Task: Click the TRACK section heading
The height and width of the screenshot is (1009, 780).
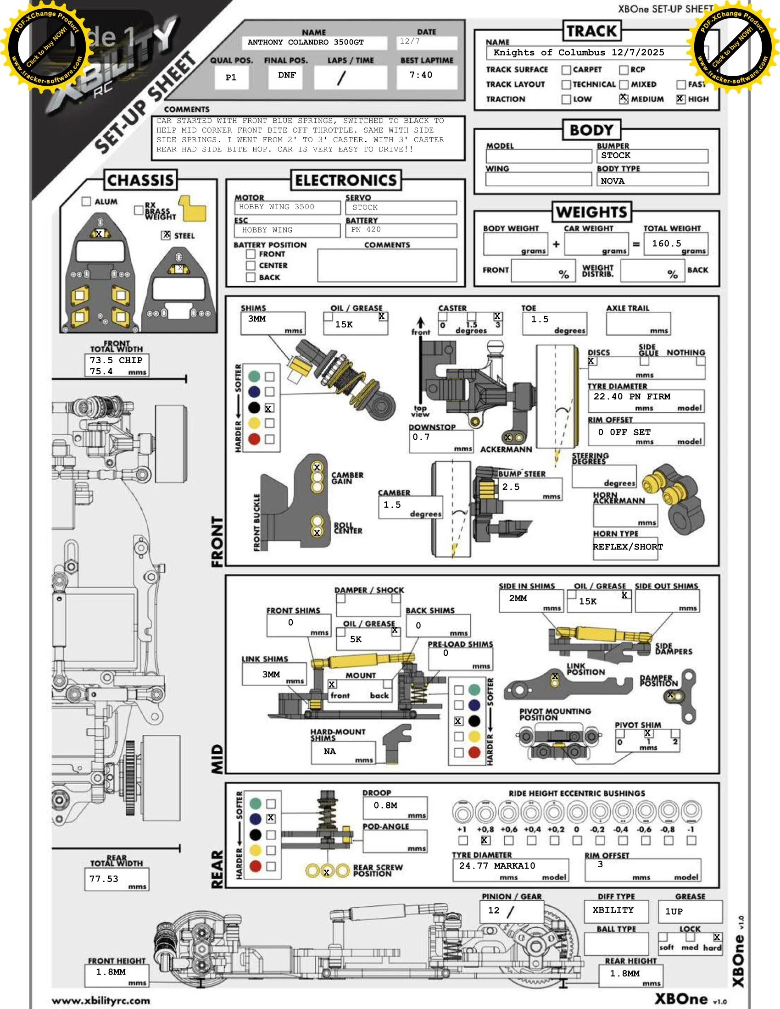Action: (591, 31)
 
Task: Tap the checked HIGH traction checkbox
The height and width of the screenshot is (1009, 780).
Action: (680, 99)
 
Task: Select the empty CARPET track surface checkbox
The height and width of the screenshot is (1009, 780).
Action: (566, 70)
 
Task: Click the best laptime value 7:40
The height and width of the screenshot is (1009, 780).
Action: (420, 75)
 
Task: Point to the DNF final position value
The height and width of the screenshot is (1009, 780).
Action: (286, 75)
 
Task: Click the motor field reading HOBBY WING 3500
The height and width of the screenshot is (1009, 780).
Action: (277, 207)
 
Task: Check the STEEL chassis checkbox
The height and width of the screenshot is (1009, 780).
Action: (166, 235)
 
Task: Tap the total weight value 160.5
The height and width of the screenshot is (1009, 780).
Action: (666, 244)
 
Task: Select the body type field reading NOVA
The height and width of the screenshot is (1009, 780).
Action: (613, 181)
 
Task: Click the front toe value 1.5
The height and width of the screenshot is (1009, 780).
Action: (540, 319)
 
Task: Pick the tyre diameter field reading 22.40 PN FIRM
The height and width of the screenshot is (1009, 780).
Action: (632, 396)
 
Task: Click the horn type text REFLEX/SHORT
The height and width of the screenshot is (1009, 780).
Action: (628, 547)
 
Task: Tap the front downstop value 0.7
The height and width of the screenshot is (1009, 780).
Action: (421, 437)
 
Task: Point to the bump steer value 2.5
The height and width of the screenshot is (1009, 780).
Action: (511, 487)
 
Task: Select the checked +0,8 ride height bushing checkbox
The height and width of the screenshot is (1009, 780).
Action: (484, 840)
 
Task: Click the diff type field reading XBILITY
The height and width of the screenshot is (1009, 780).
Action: (613, 909)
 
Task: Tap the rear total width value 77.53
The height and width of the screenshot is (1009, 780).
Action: (104, 879)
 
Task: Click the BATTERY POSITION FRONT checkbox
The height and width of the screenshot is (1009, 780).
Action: (251, 254)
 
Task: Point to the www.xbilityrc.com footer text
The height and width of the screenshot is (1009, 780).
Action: (101, 1001)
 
